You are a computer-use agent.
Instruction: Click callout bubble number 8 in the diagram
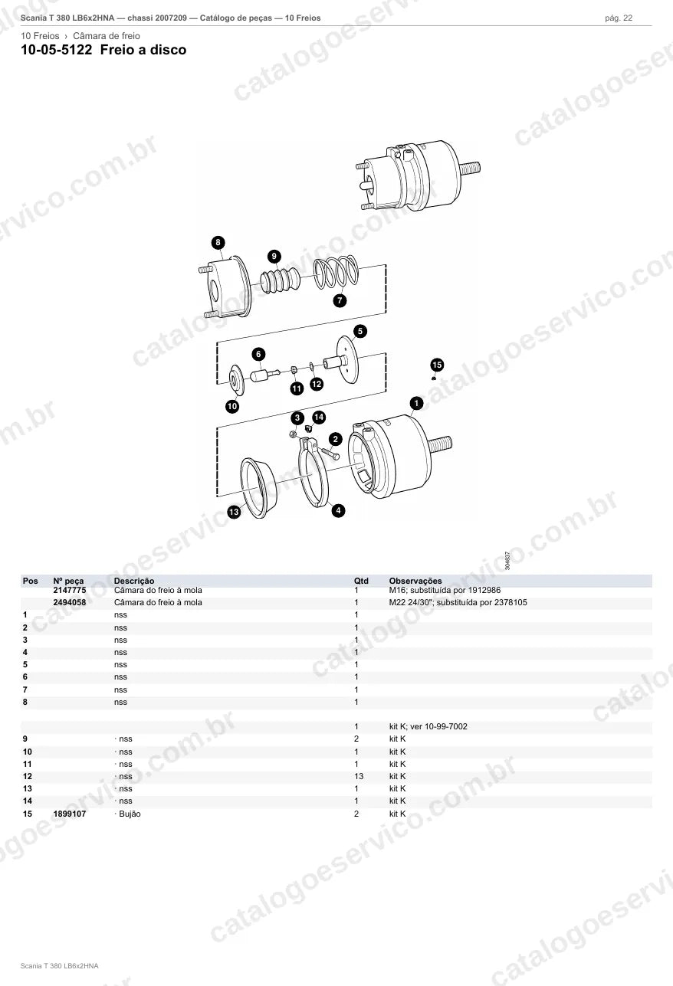[x=218, y=243]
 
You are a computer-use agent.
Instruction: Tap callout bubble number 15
[x=437, y=365]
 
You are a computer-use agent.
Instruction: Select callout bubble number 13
[x=234, y=512]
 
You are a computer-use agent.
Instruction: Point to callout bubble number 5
[x=359, y=332]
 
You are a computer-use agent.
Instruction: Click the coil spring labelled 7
[x=336, y=273]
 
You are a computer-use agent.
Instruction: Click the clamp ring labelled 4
[x=314, y=472]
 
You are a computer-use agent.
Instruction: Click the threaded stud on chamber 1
[x=439, y=444]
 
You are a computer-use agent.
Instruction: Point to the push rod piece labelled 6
[x=264, y=375]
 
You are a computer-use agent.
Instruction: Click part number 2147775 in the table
[x=70, y=590]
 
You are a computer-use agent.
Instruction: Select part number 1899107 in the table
[x=70, y=814]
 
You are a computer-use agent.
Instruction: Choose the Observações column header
[x=415, y=581]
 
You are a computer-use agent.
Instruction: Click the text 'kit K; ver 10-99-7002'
[x=428, y=726]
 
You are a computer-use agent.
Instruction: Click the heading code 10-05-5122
[x=57, y=50]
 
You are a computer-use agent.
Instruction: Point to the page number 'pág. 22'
[x=619, y=18]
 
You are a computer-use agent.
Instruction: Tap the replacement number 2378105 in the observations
[x=510, y=602]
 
